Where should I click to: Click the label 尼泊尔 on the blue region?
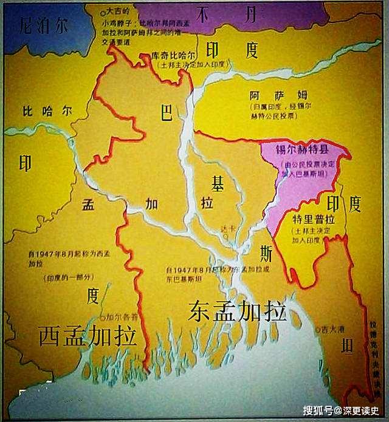coord(43,26)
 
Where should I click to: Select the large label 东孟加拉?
coord(236,311)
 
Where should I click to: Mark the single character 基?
coord(218,182)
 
